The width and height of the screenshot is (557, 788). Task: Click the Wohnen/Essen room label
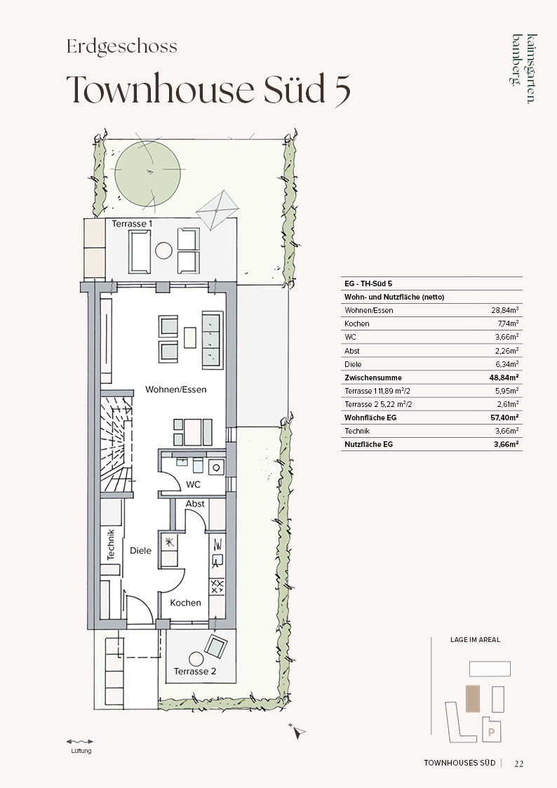pyautogui.click(x=176, y=389)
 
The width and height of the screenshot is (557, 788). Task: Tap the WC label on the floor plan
pyautogui.click(x=194, y=484)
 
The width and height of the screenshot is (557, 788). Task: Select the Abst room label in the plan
pyautogui.click(x=195, y=504)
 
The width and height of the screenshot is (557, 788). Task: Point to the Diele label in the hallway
pyautogui.click(x=140, y=550)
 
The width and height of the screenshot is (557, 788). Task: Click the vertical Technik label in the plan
pyautogui.click(x=111, y=545)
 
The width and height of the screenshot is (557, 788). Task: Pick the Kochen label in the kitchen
pyautogui.click(x=185, y=603)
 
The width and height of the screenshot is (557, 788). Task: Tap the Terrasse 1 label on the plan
pyautogui.click(x=132, y=224)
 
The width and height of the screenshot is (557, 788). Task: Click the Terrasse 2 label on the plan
pyautogui.click(x=195, y=671)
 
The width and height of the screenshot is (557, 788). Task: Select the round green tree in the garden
pyautogui.click(x=147, y=173)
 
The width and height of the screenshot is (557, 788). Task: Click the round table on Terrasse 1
pyautogui.click(x=163, y=251)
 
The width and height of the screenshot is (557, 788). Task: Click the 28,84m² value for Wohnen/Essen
pyautogui.click(x=505, y=310)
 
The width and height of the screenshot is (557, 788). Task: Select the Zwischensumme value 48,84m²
pyautogui.click(x=505, y=378)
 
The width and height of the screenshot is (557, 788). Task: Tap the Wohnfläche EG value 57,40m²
pyautogui.click(x=505, y=418)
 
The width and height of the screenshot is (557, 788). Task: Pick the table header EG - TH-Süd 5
pyautogui.click(x=368, y=283)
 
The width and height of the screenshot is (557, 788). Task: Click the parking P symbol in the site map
pyautogui.click(x=491, y=733)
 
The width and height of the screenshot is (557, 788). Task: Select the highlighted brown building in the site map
pyautogui.click(x=473, y=699)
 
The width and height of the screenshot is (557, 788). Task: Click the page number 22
pyautogui.click(x=519, y=763)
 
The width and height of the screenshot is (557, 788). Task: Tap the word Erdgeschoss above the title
pyautogui.click(x=122, y=47)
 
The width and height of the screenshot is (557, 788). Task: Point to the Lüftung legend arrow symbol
pyautogui.click(x=80, y=741)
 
